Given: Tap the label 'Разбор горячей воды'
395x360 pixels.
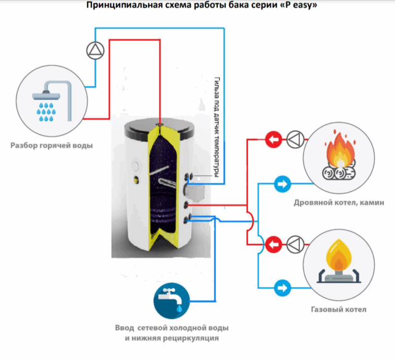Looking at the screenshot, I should (52, 146).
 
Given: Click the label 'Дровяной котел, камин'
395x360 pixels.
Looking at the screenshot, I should (339, 203).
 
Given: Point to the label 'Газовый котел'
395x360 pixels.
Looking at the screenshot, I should (339, 309).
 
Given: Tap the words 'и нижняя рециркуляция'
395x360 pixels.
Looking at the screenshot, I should (171, 339).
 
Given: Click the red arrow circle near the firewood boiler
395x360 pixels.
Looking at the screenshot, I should (273, 140).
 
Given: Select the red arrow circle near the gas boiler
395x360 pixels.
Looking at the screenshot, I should (273, 244).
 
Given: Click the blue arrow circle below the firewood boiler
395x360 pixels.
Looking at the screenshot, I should (282, 183).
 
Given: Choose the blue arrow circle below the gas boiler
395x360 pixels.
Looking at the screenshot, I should (282, 287).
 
